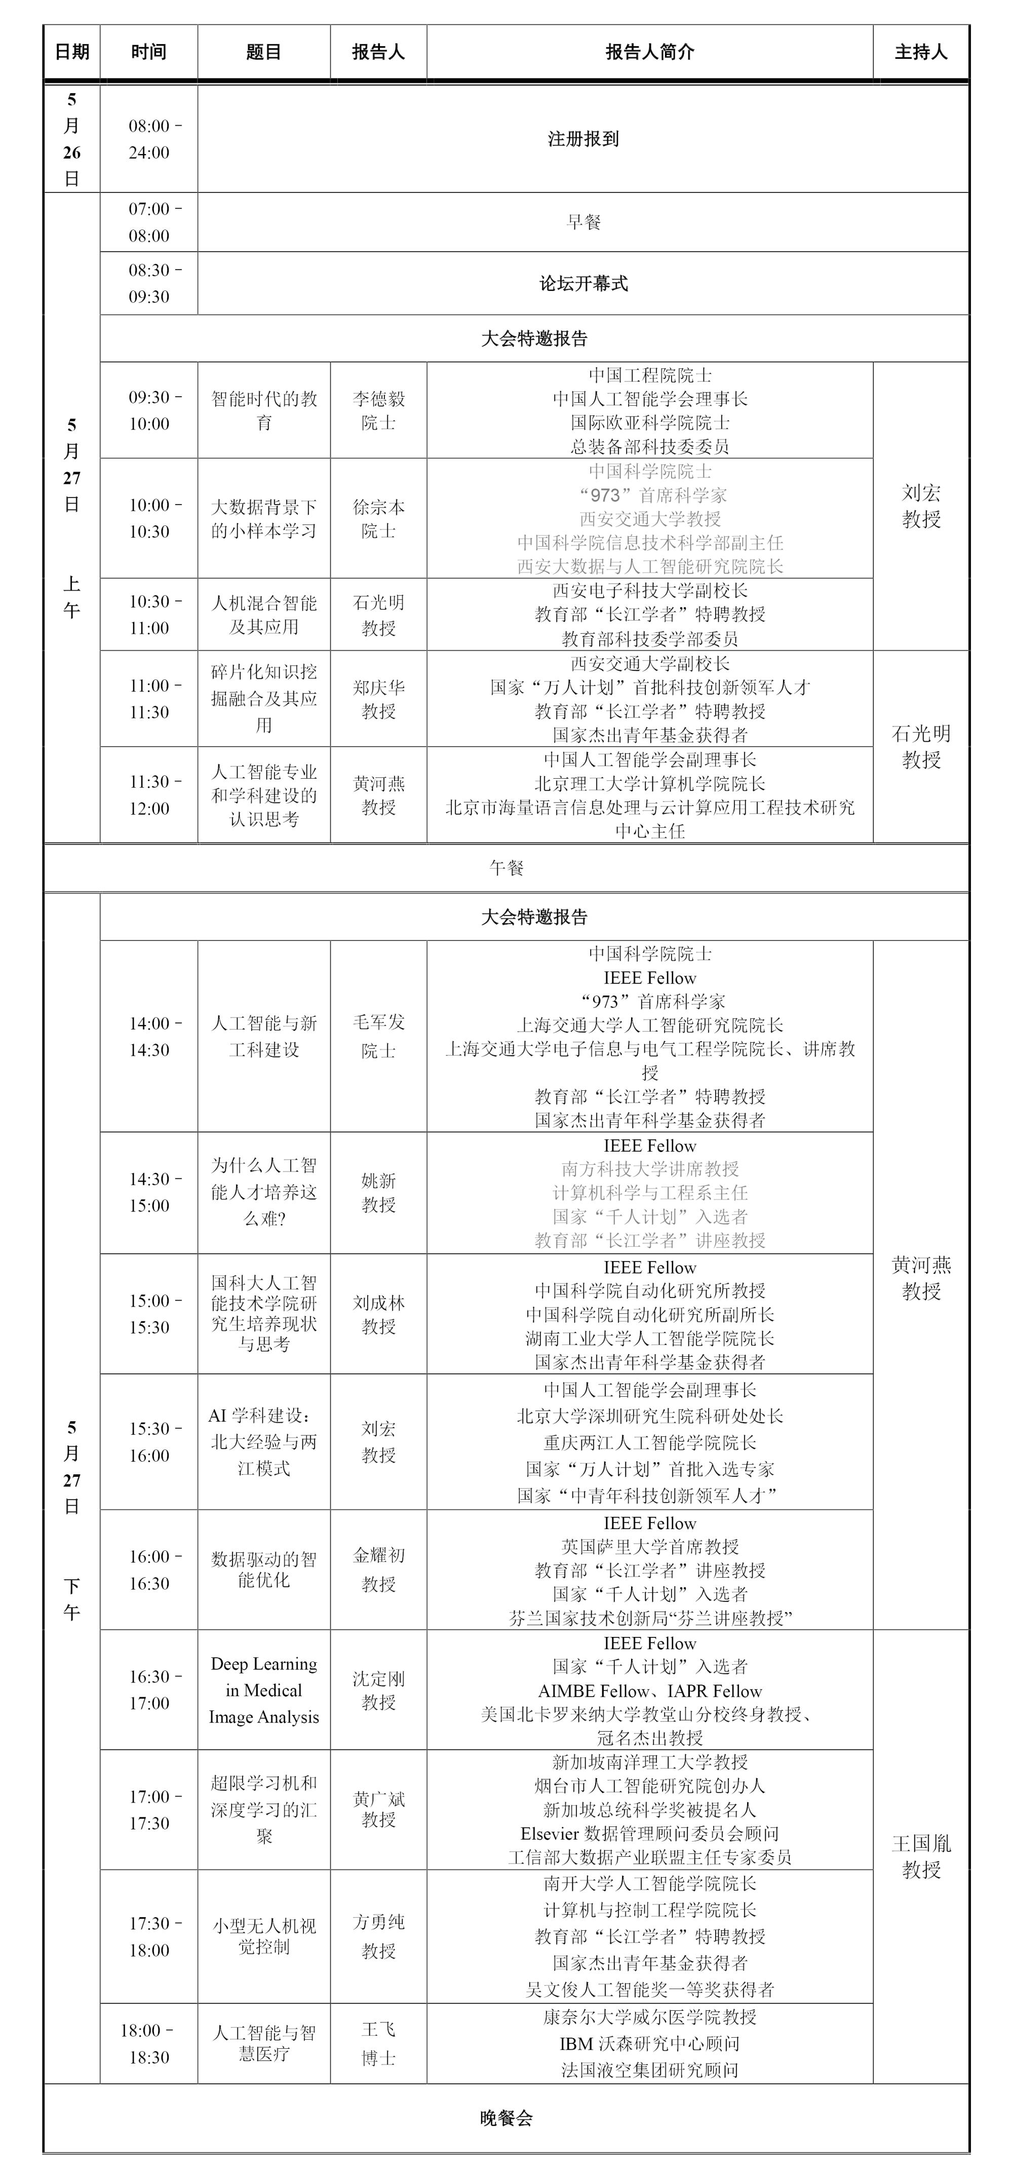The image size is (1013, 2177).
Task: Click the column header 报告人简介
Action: [x=650, y=52]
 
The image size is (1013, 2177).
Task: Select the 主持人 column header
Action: [x=921, y=52]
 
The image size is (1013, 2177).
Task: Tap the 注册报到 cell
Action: [x=583, y=139]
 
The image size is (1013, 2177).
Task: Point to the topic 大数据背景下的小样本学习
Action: [x=263, y=519]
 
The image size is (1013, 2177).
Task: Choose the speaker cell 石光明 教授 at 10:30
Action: [x=378, y=615]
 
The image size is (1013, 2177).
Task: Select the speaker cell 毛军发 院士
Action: [x=378, y=1036]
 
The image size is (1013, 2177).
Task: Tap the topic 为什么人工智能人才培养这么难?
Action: [x=263, y=1192]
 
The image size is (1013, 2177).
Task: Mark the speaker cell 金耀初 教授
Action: [x=378, y=1570]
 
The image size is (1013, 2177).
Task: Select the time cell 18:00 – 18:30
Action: [x=149, y=2043]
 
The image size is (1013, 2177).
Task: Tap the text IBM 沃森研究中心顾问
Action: [x=650, y=2043]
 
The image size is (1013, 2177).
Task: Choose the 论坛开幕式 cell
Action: [x=583, y=284]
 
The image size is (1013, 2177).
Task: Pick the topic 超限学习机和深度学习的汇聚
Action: [x=263, y=1809]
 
